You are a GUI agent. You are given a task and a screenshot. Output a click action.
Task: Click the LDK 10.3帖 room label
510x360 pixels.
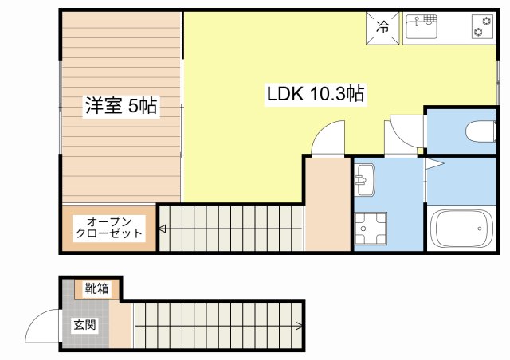[x=316, y=94]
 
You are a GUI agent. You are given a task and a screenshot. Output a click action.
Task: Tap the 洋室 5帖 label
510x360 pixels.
[x=121, y=105]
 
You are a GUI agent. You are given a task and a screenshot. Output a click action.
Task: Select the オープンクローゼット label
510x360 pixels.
[x=109, y=228]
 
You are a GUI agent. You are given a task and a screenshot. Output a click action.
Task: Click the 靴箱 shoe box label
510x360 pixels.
[x=96, y=288]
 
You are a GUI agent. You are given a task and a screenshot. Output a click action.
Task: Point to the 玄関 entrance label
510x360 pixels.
[x=84, y=324]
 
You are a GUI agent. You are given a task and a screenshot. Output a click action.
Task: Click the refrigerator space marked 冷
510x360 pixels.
[x=382, y=28]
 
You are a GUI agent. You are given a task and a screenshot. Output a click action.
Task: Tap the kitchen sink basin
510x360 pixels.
[x=422, y=26]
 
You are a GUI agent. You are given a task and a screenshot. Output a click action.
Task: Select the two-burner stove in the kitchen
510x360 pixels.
[x=482, y=26]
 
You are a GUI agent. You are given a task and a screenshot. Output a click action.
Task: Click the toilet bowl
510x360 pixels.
[x=481, y=131]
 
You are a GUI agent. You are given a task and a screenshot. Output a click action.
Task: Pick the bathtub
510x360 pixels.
[x=461, y=229]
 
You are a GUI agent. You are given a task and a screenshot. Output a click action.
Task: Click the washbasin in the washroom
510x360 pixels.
[x=366, y=180]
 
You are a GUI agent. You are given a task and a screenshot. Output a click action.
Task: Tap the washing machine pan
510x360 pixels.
[x=371, y=229]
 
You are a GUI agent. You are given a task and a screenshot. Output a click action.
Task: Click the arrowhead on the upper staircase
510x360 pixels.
[x=163, y=229]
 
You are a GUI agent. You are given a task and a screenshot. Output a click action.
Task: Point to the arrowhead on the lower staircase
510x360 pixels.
[x=299, y=326]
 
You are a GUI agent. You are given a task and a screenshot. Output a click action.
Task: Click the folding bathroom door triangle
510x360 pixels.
[x=433, y=164]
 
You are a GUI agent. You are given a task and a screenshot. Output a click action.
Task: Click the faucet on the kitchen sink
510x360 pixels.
[x=417, y=22]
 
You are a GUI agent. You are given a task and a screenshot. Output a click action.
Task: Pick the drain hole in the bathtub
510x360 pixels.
[x=480, y=229]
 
